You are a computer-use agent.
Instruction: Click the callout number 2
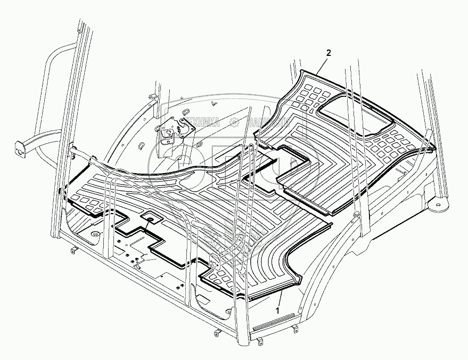pos(329,53)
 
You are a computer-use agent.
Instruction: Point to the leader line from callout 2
pos(323,63)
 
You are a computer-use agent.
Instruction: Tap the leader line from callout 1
pos(280,297)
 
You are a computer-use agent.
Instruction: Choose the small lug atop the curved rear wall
pos(151,96)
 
